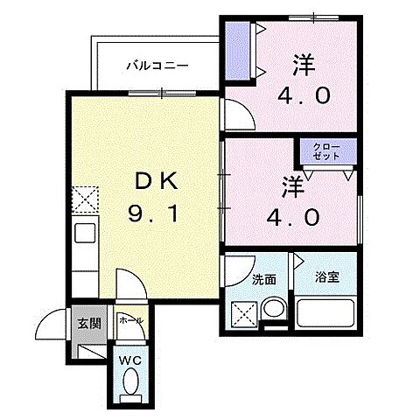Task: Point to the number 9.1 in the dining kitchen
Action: pyautogui.click(x=157, y=212)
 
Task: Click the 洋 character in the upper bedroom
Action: pyautogui.click(x=303, y=64)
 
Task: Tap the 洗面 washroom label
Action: pyautogui.click(x=264, y=280)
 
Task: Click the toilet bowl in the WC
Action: pyautogui.click(x=132, y=381)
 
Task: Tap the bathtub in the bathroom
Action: pyautogui.click(x=325, y=313)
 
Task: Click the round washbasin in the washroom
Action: pyautogui.click(x=274, y=309)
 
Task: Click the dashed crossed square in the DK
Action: pyautogui.click(x=87, y=200)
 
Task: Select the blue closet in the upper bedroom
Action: pyautogui.click(x=236, y=52)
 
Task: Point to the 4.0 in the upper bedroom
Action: pyautogui.click(x=307, y=94)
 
